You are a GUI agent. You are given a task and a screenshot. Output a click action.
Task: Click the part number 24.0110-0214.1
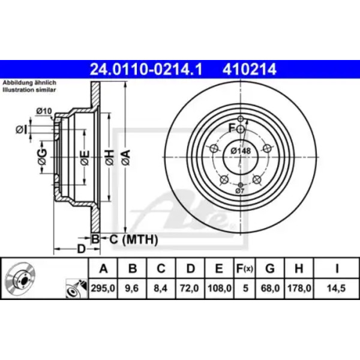click(146, 70)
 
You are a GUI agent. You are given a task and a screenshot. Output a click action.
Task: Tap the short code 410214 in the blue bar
click(249, 70)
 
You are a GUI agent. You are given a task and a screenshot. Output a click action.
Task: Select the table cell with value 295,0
click(103, 288)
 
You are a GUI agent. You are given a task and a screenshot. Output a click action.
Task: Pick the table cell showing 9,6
click(132, 288)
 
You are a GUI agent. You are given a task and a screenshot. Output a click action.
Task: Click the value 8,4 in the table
click(161, 288)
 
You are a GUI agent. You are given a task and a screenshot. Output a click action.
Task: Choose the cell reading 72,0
click(190, 288)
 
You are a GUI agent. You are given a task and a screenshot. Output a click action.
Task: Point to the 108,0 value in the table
click(219, 288)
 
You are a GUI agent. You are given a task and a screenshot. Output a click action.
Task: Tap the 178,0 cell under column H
click(299, 288)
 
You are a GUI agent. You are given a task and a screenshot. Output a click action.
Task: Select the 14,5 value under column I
click(337, 288)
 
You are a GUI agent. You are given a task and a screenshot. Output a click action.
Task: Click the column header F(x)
click(245, 268)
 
